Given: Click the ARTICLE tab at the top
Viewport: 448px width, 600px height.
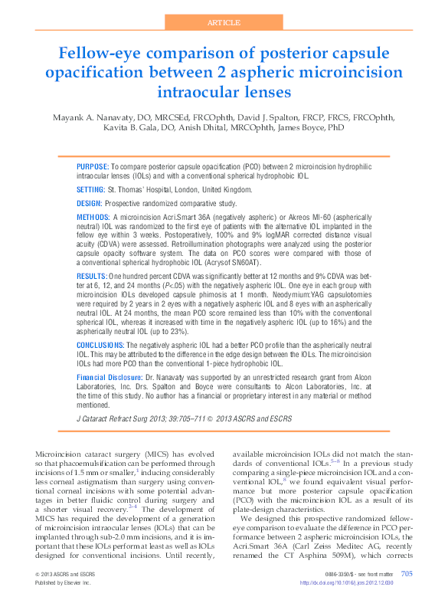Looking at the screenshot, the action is (x=224, y=23).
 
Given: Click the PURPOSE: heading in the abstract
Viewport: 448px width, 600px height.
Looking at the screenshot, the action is (x=93, y=166).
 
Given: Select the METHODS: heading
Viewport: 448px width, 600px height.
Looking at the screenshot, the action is (x=93, y=218).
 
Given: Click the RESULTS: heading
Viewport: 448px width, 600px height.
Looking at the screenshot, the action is (x=92, y=274).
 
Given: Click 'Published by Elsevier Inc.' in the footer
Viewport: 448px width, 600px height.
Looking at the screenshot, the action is (x=63, y=583).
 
